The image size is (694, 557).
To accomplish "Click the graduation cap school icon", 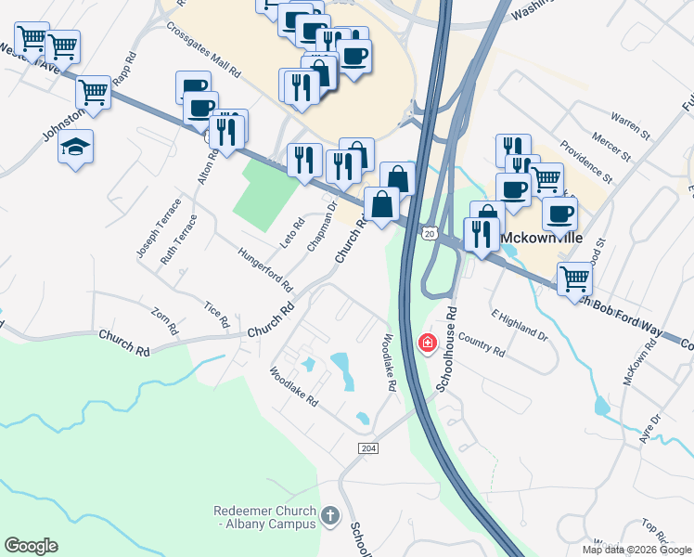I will pos(75,147).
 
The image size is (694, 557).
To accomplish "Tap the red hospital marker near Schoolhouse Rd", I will pos(427,343).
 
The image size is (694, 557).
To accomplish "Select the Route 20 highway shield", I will pos(429,234).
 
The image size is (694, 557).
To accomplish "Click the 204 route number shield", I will pos(368,448).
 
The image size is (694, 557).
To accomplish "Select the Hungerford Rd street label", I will pos(264,268).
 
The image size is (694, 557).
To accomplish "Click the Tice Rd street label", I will pos(216,315).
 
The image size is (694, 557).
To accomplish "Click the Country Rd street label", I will pos(481,345).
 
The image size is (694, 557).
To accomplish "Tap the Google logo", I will pos(31,546).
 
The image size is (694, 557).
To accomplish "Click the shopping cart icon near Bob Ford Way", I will pos(574,278).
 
